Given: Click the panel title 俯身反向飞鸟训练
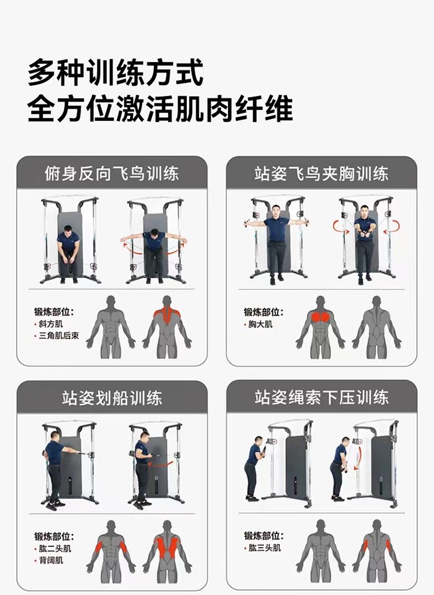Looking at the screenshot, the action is [x=112, y=174].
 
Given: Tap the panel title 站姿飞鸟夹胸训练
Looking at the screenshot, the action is [x=321, y=174].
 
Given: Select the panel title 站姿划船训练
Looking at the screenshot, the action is [x=112, y=398].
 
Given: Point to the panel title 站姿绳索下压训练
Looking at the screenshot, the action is [x=321, y=397].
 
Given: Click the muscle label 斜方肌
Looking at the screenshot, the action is [x=51, y=324].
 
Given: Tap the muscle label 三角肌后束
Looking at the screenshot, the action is [x=59, y=336].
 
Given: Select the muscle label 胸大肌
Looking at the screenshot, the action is [x=260, y=324].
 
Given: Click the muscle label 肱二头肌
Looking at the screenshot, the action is [x=55, y=548].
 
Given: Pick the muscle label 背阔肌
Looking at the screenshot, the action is [x=51, y=560].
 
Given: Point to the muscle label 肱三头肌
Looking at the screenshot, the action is [x=264, y=548].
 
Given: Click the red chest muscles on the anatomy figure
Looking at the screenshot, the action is [x=321, y=317].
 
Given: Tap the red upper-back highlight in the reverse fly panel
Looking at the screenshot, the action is [x=167, y=314].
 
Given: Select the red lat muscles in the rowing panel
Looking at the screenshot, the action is [x=167, y=547].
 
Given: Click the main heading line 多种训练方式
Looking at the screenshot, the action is [x=116, y=72].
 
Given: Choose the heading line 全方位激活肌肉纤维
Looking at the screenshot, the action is [x=160, y=109].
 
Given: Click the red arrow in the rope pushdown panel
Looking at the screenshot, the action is [x=357, y=458].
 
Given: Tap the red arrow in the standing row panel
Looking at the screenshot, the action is [x=160, y=464].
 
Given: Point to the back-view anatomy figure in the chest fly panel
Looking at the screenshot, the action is [x=376, y=327].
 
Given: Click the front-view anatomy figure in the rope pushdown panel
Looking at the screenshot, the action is [x=321, y=552].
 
